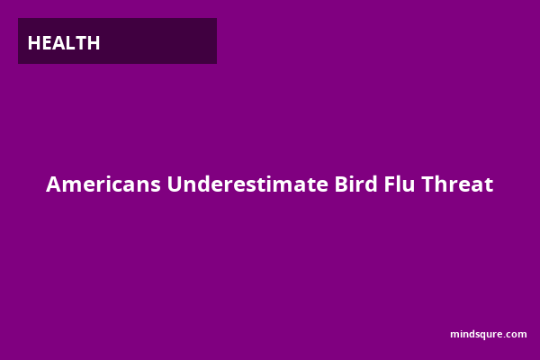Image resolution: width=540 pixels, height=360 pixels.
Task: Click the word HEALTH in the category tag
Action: coord(64,43)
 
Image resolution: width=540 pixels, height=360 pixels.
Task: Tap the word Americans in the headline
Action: coord(103,184)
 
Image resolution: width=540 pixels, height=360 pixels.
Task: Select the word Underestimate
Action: coord(247,184)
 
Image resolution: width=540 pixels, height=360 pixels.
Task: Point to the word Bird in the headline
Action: coord(356,184)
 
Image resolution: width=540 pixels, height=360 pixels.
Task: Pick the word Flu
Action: coord(400,184)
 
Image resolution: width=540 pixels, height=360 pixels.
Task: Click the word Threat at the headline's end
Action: coord(457,184)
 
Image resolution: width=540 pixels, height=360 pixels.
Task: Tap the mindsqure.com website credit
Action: coord(489,335)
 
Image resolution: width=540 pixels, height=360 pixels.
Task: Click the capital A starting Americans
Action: coord(53,184)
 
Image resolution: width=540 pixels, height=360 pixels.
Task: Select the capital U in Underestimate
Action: coord(175,184)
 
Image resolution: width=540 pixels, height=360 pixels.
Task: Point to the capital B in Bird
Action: coord(341,184)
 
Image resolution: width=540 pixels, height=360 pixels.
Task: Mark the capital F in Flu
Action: coord(390,184)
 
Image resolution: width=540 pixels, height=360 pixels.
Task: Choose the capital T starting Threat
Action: coord(427,184)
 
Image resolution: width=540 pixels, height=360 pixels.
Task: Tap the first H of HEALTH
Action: coord(34,43)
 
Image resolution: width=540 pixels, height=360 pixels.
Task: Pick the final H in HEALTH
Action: coord(94,43)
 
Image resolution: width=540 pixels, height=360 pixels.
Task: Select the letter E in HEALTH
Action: coord(47,43)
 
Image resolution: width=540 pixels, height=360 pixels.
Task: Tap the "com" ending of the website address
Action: coord(517,335)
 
